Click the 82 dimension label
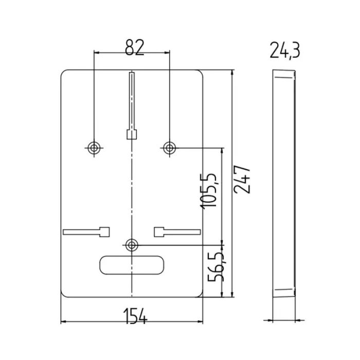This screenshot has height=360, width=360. point(135,47)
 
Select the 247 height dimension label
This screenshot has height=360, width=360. point(242,179)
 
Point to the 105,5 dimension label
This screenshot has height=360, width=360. point(209,191)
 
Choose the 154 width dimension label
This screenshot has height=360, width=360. point(135,316)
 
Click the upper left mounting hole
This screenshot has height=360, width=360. point(94,148)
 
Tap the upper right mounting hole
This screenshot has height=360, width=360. point(169,148)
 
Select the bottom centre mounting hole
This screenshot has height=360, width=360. point(132,245)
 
